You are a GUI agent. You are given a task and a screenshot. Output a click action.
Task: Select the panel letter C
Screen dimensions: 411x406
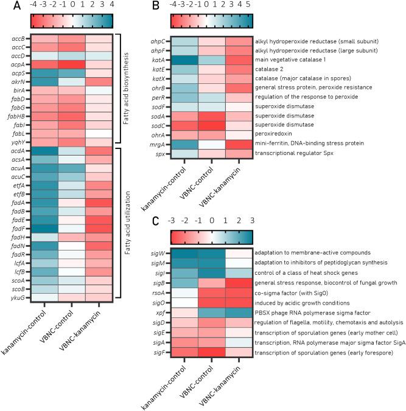pyautogui.click(x=156, y=221)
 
